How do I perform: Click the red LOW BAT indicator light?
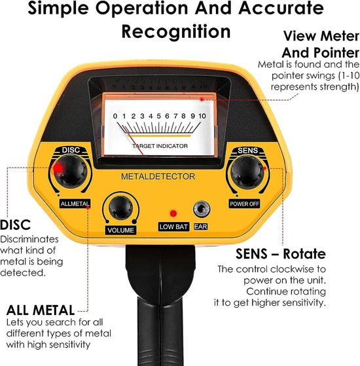[173, 213]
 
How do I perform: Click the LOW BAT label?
[173, 227]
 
